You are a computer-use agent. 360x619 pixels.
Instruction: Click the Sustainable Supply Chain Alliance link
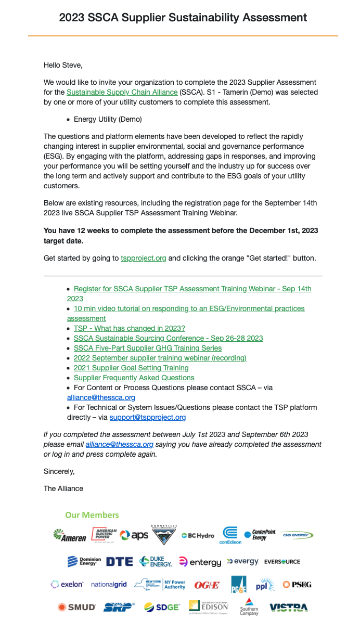click(122, 93)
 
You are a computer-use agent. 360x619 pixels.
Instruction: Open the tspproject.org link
click(143, 258)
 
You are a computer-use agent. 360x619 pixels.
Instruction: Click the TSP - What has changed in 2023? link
click(129, 328)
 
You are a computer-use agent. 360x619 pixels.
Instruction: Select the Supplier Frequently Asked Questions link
click(134, 378)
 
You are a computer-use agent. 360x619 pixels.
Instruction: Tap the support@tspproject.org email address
click(147, 417)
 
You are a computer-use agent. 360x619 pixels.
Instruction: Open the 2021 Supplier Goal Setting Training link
click(131, 368)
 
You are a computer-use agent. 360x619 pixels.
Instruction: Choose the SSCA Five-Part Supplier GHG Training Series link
click(147, 348)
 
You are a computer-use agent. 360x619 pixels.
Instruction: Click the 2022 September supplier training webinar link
click(160, 358)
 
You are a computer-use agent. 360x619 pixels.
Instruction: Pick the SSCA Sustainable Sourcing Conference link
click(168, 338)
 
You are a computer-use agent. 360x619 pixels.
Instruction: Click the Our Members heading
click(92, 515)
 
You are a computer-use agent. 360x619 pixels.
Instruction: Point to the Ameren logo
click(70, 536)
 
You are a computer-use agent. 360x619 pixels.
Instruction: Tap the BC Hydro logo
click(198, 536)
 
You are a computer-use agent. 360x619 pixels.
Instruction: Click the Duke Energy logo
click(156, 562)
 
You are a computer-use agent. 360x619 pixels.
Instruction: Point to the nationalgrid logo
click(109, 585)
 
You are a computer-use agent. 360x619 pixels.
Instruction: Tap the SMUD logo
click(76, 607)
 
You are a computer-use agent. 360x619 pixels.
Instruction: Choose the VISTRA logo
click(288, 607)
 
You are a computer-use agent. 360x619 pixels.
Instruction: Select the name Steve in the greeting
click(72, 66)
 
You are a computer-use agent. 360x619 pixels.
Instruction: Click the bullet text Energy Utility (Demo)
click(108, 119)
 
